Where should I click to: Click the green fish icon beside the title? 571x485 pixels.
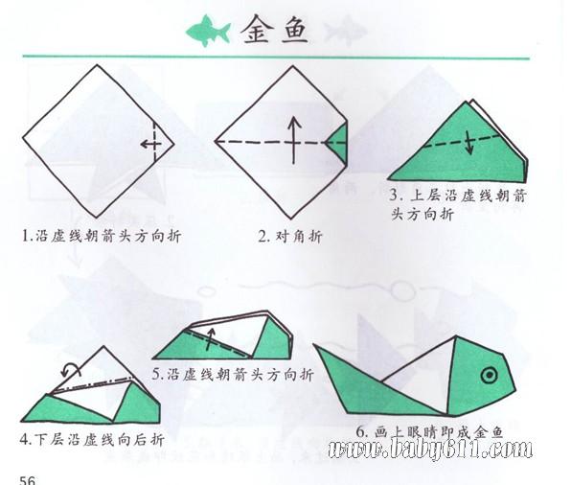209,31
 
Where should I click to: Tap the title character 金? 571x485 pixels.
256,29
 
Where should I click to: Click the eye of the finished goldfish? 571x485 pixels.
489,375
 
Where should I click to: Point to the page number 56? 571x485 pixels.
28,479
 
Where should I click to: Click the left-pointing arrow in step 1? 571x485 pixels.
150,145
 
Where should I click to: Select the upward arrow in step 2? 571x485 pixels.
294,140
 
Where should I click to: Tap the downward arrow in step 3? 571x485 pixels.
470,142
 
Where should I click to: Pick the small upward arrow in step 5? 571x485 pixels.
210,339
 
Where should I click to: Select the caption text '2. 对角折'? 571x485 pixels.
290,237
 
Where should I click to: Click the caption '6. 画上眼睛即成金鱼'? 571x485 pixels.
430,432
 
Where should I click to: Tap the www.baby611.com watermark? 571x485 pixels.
430,449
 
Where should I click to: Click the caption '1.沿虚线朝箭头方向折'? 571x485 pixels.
102,236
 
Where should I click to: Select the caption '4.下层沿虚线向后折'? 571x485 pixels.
92,439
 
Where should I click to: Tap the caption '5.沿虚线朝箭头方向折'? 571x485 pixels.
233,374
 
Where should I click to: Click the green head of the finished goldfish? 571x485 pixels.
479,377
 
